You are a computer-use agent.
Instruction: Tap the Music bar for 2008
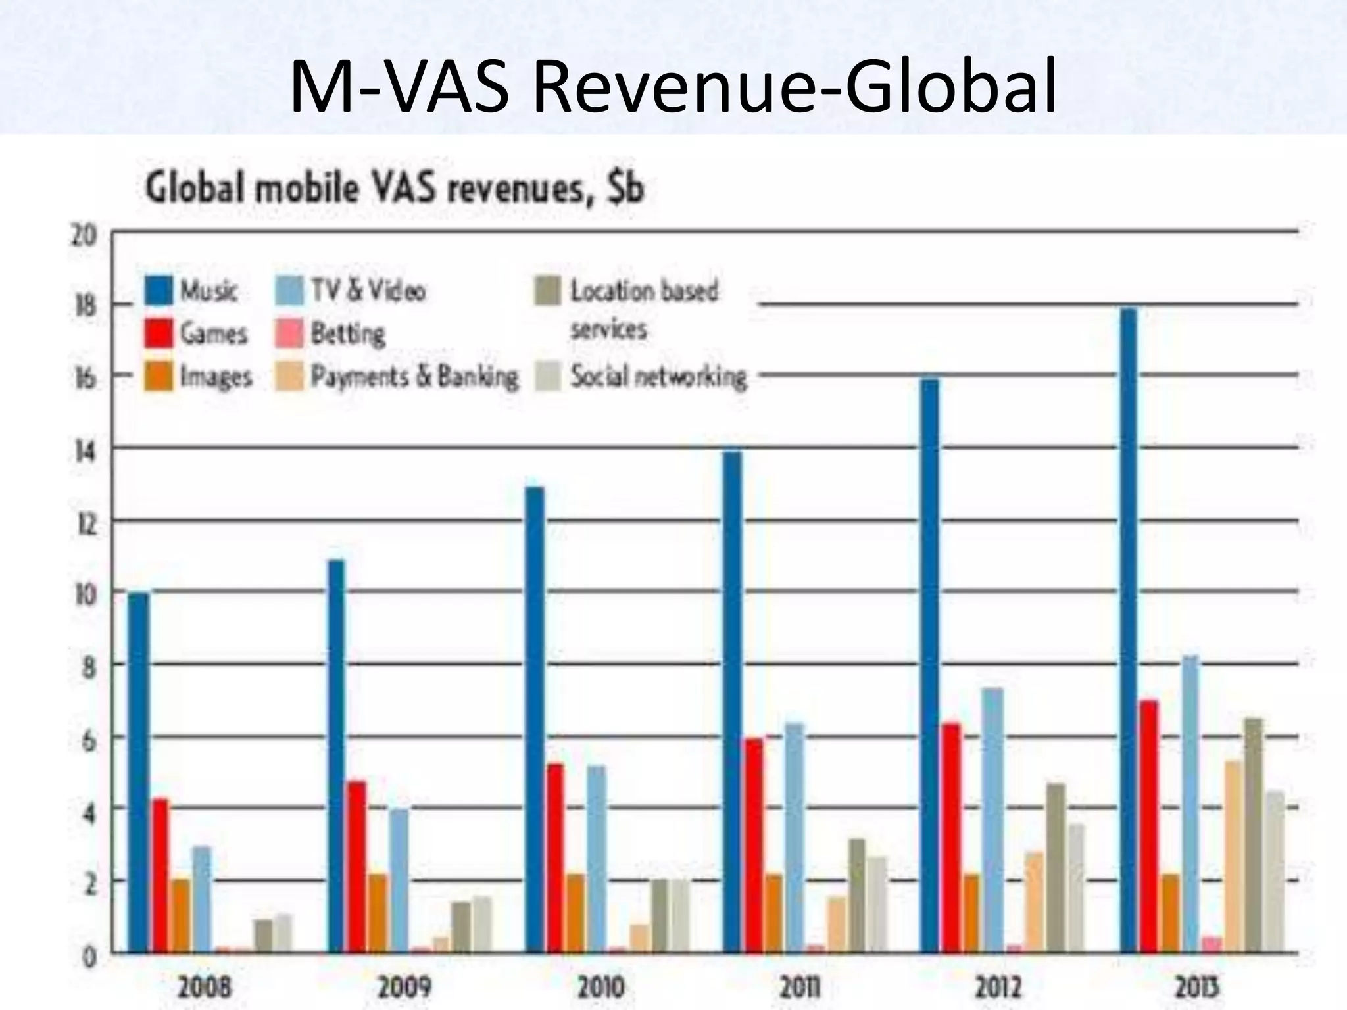tap(138, 773)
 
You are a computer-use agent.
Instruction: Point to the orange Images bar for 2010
tap(576, 913)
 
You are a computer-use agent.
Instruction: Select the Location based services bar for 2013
tap(1254, 835)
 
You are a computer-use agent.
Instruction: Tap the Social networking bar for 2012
tap(1076, 888)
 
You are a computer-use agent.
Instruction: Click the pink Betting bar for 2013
tap(1212, 945)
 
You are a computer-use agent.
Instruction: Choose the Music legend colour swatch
tap(159, 291)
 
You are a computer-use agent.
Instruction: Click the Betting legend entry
tap(347, 334)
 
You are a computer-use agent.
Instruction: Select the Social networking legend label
tap(658, 377)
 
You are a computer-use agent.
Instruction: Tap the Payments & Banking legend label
tap(414, 377)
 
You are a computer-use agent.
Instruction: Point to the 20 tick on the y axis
tap(84, 235)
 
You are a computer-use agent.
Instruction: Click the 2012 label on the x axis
tap(998, 987)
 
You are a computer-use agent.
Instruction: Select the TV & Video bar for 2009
tap(399, 880)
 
